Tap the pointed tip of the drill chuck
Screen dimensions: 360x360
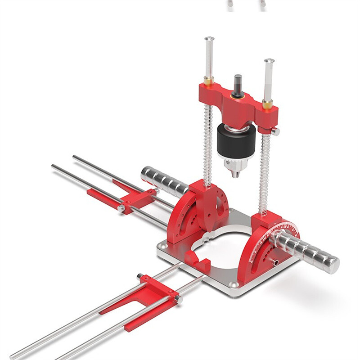(235, 175)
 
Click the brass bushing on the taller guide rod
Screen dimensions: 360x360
(209, 81)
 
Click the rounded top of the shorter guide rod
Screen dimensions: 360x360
(269, 61)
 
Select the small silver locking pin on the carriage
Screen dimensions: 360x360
(275, 131)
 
